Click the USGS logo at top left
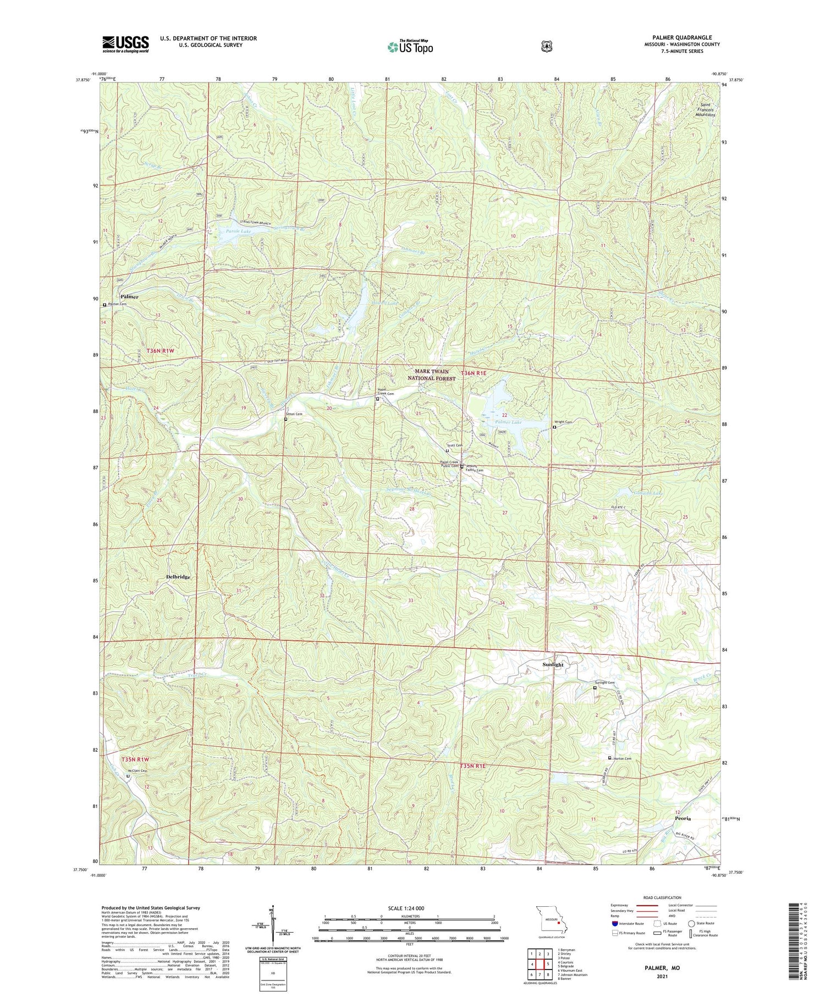point(125,44)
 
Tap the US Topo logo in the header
point(410,47)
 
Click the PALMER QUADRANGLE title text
point(677,37)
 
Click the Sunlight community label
point(553,664)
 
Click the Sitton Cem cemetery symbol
point(285,419)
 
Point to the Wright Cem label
point(565,422)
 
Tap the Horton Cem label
point(622,759)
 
